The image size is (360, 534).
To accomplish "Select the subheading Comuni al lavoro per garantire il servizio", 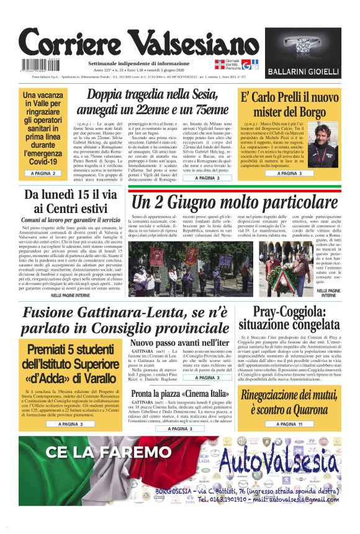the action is pos(71,220).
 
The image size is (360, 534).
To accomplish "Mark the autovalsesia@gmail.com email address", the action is pos(286,499).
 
